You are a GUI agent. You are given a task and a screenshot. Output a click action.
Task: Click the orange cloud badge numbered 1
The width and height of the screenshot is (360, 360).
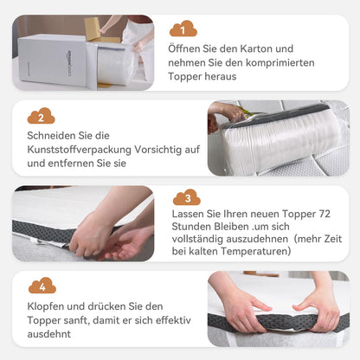pos(183,29)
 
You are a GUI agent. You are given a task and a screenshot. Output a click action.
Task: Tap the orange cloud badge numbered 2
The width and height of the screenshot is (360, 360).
pos(41,115)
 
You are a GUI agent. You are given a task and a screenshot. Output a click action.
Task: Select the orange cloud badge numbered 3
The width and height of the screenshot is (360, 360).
pos(187,198)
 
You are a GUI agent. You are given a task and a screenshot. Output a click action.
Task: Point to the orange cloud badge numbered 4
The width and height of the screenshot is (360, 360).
pos(42,285)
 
